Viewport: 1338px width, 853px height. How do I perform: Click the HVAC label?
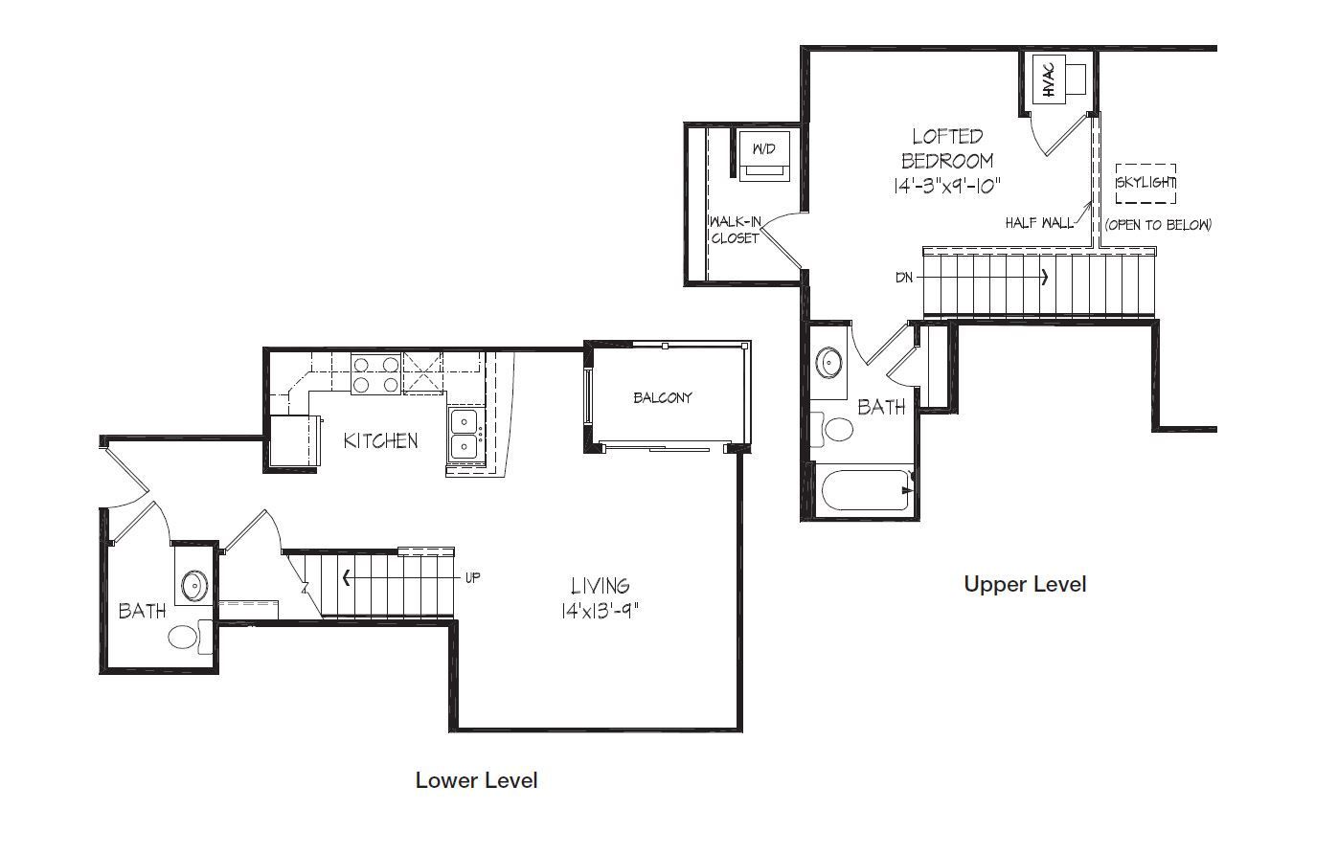pos(1049,80)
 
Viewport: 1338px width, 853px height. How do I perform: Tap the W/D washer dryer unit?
pos(764,155)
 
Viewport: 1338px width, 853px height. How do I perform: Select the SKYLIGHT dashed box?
pos(1145,183)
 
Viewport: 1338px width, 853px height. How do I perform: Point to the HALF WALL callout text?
pos(1039,223)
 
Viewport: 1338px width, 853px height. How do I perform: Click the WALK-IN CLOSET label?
pos(736,231)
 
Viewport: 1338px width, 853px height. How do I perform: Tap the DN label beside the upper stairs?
pos(904,278)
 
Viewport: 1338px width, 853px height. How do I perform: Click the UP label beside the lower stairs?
pos(472,578)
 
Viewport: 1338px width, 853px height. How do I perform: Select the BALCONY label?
pos(663,398)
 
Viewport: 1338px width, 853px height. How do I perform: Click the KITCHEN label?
pos(380,441)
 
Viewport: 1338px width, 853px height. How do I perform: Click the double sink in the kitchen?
pos(465,434)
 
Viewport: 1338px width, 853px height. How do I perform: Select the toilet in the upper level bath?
pos(832,429)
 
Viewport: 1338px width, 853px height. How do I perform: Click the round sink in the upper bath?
pos(829,362)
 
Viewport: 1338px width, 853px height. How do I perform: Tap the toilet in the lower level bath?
pos(191,637)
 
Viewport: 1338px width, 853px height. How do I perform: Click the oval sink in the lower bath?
pos(195,586)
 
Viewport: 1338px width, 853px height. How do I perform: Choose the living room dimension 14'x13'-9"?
pos(600,611)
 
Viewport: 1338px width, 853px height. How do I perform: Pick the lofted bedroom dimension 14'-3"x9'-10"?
pos(947,187)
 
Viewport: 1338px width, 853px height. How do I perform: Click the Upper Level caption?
pos(1025,584)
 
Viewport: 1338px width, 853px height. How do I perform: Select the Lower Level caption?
pos(477,781)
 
